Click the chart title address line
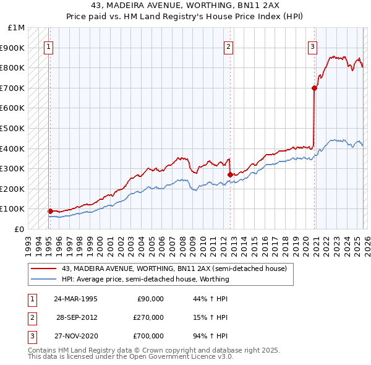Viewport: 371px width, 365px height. pos(185,4)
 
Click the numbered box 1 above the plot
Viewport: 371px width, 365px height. pos(48,46)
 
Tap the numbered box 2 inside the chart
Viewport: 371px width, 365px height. pos(228,46)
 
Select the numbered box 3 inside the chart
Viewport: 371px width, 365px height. pos(313,46)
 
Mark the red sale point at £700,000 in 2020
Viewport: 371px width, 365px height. pos(314,88)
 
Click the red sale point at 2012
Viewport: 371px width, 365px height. pos(230,174)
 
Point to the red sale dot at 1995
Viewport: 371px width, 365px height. pos(50,211)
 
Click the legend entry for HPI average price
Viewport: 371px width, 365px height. pos(145,279)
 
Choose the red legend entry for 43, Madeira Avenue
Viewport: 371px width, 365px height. pos(174,269)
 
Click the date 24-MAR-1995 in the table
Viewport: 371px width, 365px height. pos(75,299)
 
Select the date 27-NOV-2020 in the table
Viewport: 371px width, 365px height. pos(75,336)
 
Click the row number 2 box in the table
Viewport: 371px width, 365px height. pos(30,317)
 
